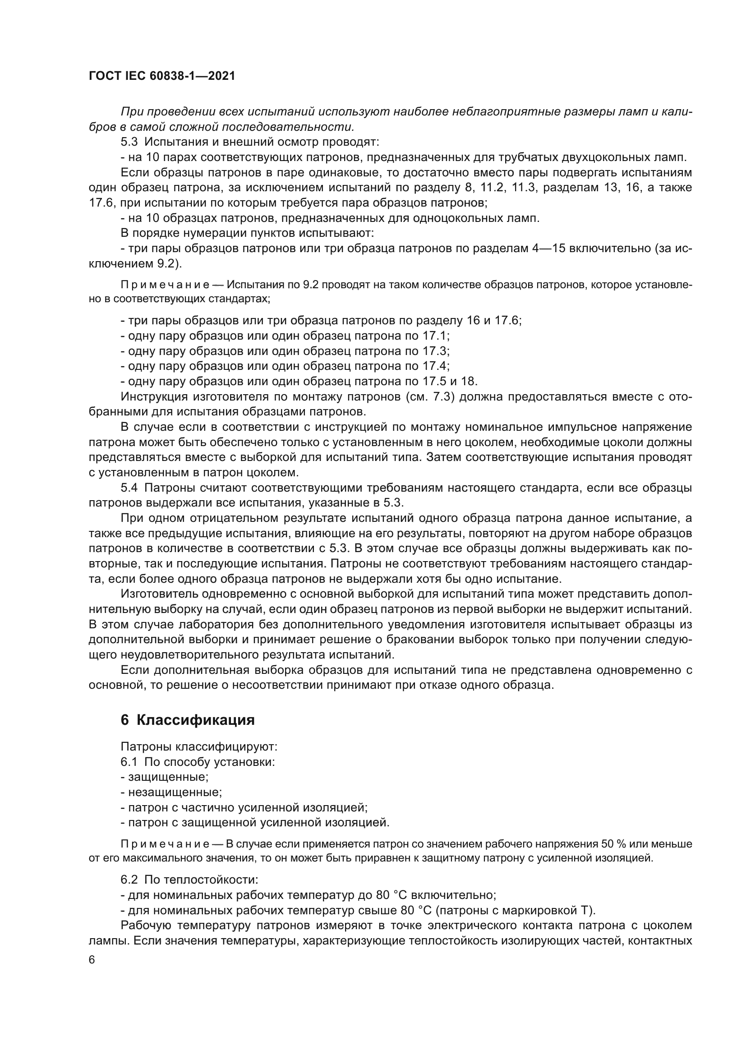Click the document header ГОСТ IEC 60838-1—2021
pos(162,76)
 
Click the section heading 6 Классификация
pos(188,719)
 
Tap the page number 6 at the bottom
pos(92,960)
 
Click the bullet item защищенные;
pos(167,777)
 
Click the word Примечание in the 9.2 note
pos(165,285)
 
